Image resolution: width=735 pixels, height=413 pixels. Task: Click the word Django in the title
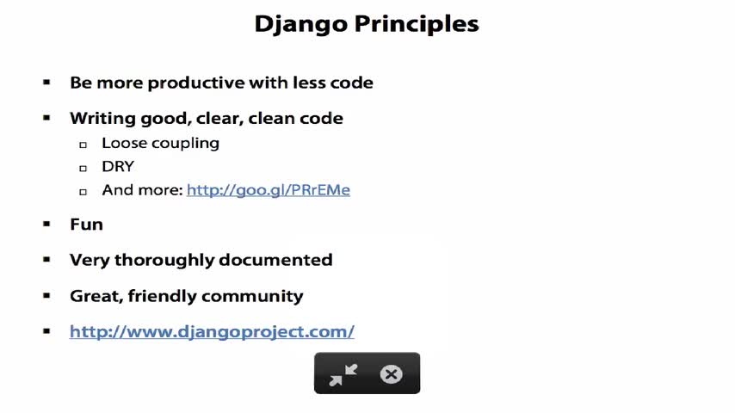coord(301,24)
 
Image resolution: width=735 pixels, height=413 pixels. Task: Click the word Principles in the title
coord(417,24)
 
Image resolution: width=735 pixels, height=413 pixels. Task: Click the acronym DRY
coord(118,166)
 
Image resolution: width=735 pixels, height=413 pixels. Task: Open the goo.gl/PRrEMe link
coord(269,190)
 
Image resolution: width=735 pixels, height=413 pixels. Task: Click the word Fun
coord(86,225)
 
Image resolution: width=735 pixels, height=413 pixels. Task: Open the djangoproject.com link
coord(212,332)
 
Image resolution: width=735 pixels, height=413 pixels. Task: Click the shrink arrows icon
coord(343,374)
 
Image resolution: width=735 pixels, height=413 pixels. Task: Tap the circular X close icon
coord(391,374)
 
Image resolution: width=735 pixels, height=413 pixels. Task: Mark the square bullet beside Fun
coord(46,224)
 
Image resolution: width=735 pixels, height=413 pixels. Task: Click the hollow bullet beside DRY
coord(83,169)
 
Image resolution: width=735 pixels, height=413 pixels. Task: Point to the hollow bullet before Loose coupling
coord(83,145)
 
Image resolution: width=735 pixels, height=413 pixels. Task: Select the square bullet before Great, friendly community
coord(46,296)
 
